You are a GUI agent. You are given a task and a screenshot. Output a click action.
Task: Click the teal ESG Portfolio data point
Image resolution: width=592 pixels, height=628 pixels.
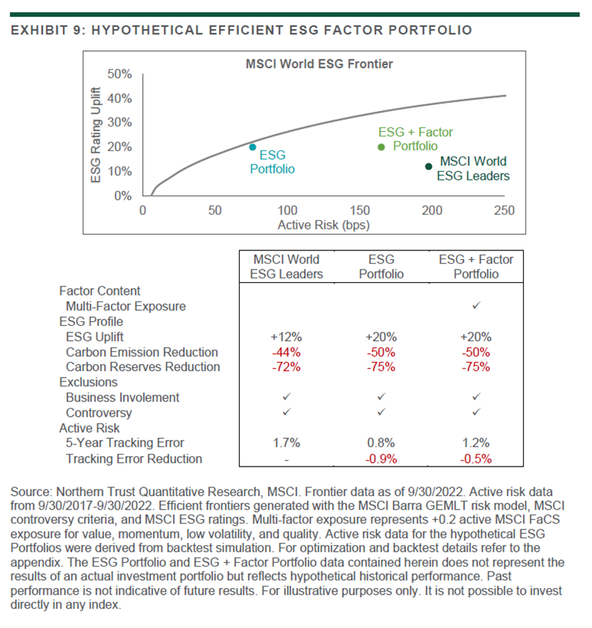tap(252, 147)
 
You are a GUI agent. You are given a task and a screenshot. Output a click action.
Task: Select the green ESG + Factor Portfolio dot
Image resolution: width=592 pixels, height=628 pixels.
tap(382, 147)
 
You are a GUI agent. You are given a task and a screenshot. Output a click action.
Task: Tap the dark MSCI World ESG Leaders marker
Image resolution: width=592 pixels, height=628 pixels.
tap(428, 166)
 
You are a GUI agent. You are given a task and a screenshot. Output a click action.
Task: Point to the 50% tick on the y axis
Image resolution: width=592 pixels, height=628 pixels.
tap(120, 74)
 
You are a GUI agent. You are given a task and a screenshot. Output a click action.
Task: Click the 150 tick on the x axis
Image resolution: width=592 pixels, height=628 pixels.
tap(360, 210)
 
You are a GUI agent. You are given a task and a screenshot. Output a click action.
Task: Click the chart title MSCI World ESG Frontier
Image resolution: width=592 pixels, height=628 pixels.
tap(319, 64)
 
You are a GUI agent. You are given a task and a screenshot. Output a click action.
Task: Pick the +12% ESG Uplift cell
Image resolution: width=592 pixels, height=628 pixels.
tap(286, 337)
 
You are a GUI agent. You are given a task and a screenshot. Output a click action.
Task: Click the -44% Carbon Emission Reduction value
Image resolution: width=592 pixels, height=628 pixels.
tap(286, 352)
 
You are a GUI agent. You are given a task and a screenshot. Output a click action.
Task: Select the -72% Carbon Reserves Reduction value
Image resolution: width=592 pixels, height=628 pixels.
tap(286, 367)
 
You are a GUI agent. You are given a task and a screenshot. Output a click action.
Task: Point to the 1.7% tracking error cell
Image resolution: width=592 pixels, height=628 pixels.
tap(286, 443)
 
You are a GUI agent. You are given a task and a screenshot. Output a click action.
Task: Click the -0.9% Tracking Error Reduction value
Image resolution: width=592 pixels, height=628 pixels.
tap(382, 458)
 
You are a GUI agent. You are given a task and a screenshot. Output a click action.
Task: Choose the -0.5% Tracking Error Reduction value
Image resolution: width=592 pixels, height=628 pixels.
tap(477, 458)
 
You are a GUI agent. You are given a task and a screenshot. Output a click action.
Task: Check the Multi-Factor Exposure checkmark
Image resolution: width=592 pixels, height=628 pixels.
tap(477, 306)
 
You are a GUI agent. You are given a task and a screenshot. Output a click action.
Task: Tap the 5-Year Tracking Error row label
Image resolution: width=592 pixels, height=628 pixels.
tap(125, 443)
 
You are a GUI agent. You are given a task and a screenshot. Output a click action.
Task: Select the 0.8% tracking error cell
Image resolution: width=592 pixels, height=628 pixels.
tap(382, 443)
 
